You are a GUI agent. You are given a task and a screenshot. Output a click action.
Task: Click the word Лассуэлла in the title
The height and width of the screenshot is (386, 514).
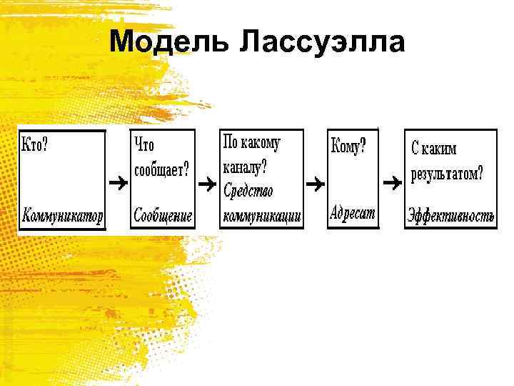pos(322,42)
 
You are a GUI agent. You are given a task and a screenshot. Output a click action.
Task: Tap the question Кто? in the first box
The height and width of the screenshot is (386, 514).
pos(36,144)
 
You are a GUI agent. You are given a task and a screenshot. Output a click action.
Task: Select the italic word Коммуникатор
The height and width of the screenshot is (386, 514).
pos(63,214)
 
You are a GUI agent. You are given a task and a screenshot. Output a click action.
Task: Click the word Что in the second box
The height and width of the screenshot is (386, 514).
pos(144,146)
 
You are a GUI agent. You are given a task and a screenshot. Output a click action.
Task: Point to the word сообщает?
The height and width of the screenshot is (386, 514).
pos(162,169)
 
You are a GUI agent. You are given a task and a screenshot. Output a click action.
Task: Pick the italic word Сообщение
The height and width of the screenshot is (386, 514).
pos(163,215)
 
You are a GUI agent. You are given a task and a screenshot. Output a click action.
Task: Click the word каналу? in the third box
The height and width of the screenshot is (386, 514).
pos(245,168)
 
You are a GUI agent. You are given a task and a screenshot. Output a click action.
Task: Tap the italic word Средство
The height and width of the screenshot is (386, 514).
pos(248,191)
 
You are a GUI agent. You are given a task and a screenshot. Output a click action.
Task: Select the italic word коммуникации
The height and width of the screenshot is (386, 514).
pos(262,215)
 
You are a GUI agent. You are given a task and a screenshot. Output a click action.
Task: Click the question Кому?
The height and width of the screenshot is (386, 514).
pos(349,147)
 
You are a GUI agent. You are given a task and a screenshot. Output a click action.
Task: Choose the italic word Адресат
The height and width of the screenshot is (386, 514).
pos(353,213)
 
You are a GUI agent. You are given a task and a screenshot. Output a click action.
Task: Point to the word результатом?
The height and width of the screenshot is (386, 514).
pos(447,173)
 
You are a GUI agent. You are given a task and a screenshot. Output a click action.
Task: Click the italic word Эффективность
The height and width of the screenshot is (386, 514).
pos(450,215)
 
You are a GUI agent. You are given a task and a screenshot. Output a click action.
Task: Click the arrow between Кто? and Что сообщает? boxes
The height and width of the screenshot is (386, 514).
pos(118,184)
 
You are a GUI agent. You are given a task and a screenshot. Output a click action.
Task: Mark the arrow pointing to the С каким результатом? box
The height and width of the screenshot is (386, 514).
pos(393,183)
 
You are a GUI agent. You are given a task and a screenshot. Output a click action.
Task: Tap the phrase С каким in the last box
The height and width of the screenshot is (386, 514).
pos(434,149)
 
